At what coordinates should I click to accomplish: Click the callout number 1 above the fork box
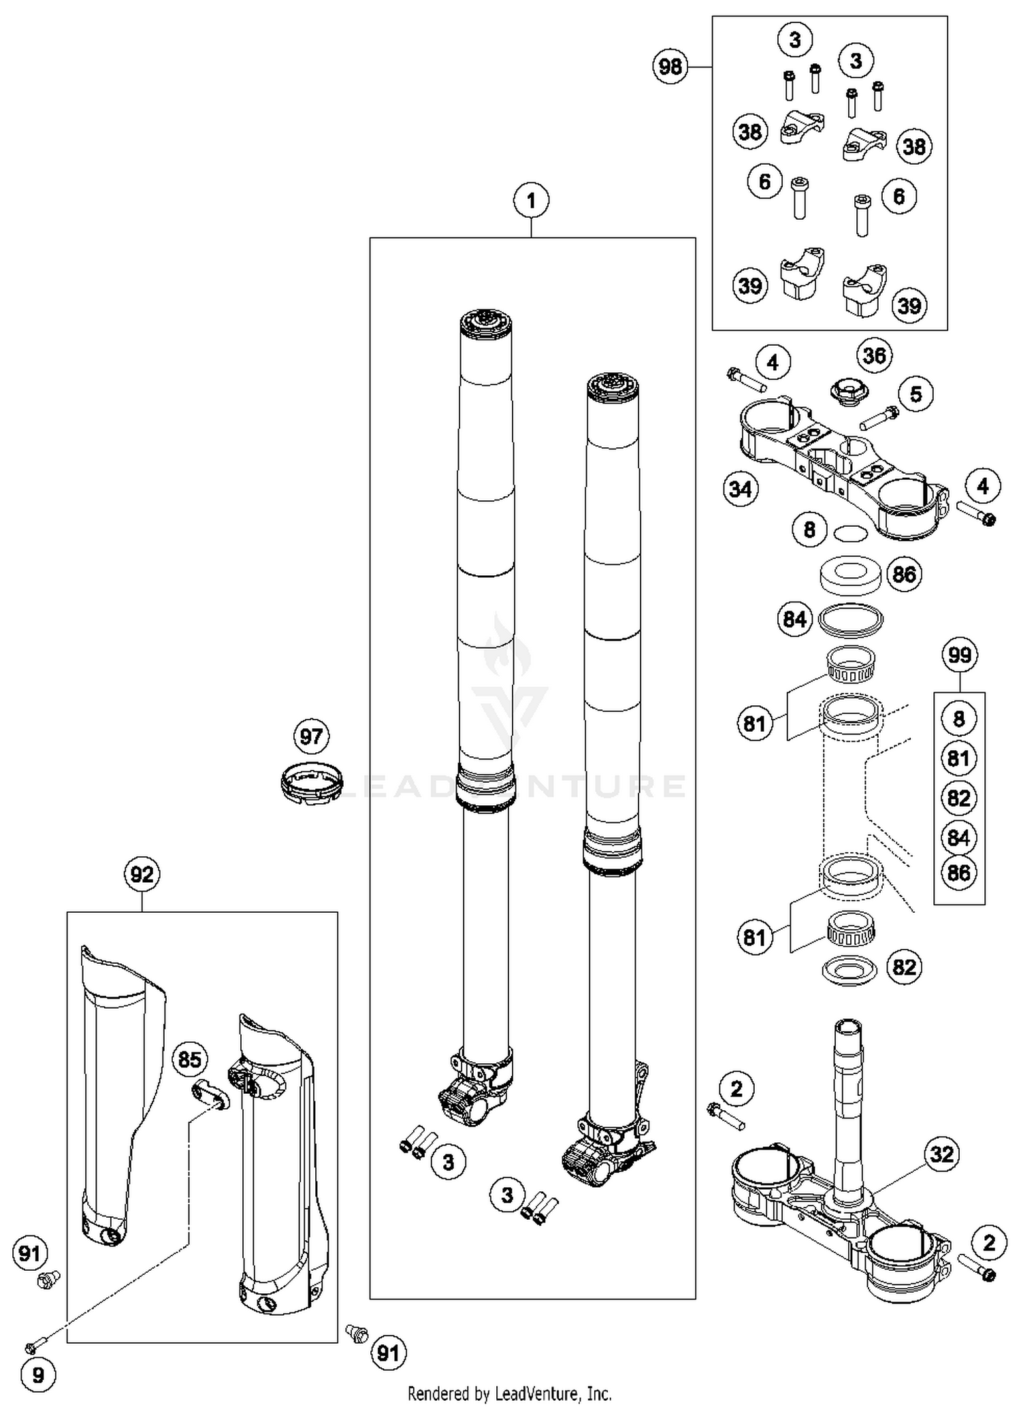(531, 201)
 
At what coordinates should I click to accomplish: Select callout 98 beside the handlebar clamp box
(670, 67)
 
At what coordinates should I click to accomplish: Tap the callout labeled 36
(874, 355)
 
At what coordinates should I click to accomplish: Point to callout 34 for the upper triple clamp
(741, 489)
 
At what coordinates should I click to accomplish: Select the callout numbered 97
(311, 736)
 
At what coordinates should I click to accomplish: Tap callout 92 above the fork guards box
(142, 874)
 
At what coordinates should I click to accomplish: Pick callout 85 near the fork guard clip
(189, 1059)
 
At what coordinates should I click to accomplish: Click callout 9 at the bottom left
(38, 1375)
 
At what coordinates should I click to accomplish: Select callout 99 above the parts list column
(959, 655)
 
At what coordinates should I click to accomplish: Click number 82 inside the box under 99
(958, 797)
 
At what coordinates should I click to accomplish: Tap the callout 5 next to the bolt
(915, 394)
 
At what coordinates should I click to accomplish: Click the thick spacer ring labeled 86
(849, 574)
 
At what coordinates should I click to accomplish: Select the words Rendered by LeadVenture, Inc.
(509, 1393)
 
